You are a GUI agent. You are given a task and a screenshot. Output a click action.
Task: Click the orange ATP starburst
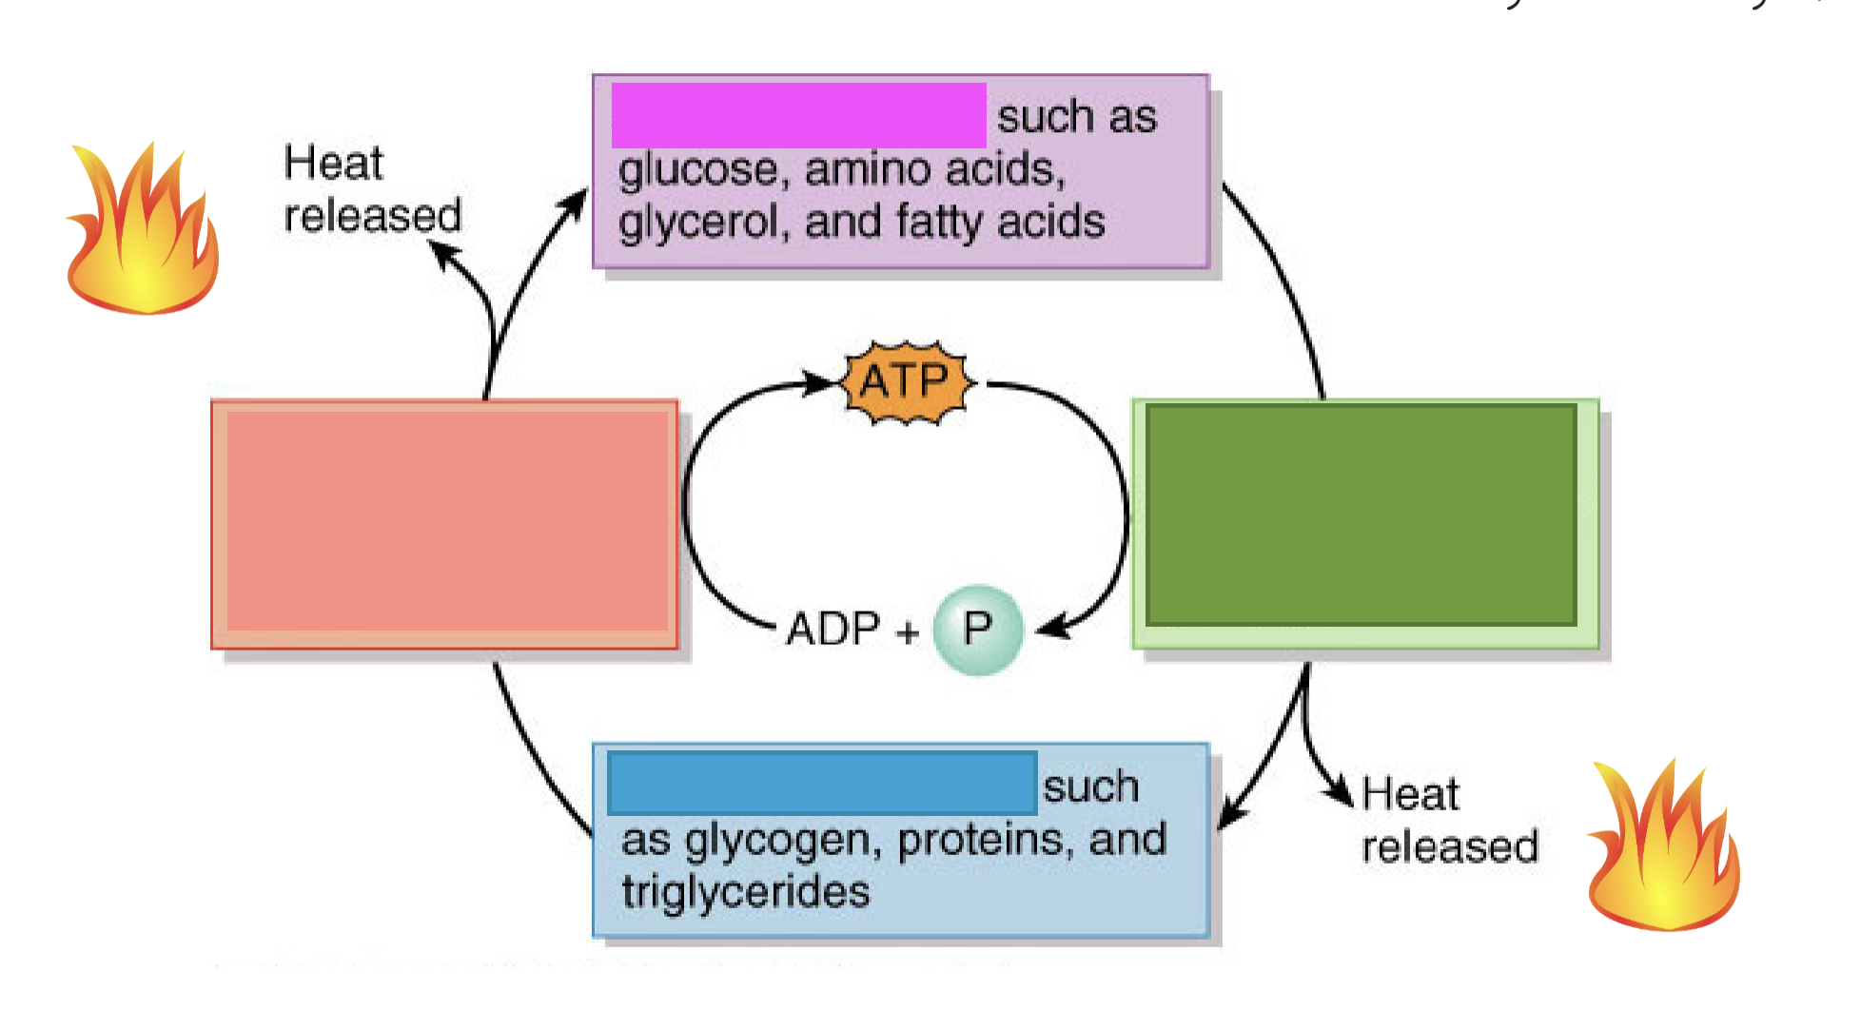(906, 382)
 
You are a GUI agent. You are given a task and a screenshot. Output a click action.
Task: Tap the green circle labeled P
(977, 629)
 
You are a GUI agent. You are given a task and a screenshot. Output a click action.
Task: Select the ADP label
(833, 629)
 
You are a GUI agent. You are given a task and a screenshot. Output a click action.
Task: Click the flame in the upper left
(143, 233)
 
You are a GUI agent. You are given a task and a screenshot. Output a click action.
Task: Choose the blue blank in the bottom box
(822, 783)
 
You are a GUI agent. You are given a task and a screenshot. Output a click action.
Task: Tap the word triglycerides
(746, 892)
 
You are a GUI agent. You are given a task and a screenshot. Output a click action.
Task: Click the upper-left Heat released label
(371, 189)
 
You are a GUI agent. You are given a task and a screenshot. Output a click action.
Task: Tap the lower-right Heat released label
(1448, 821)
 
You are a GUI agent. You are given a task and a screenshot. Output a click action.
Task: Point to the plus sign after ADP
(906, 631)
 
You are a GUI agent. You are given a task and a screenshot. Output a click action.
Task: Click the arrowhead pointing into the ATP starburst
(820, 383)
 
